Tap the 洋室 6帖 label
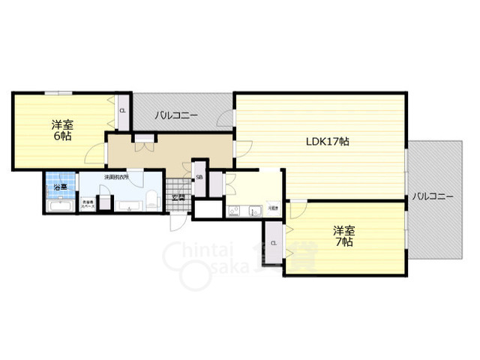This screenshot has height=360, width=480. coord(61,129)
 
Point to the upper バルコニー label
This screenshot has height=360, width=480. coord(176,116)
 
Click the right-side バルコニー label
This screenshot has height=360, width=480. coord(433,196)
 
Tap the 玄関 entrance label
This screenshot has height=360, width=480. coord(178,197)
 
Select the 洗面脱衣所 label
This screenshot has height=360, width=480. coord(116,178)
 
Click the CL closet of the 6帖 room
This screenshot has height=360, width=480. coord(122,112)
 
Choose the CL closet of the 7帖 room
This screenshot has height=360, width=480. coord(274,243)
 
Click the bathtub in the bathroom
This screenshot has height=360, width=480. coord(58,205)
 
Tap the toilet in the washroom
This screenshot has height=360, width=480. coord(151,199)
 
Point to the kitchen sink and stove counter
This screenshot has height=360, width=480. coord(244,210)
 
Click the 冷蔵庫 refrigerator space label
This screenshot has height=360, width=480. coord(274,207)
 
